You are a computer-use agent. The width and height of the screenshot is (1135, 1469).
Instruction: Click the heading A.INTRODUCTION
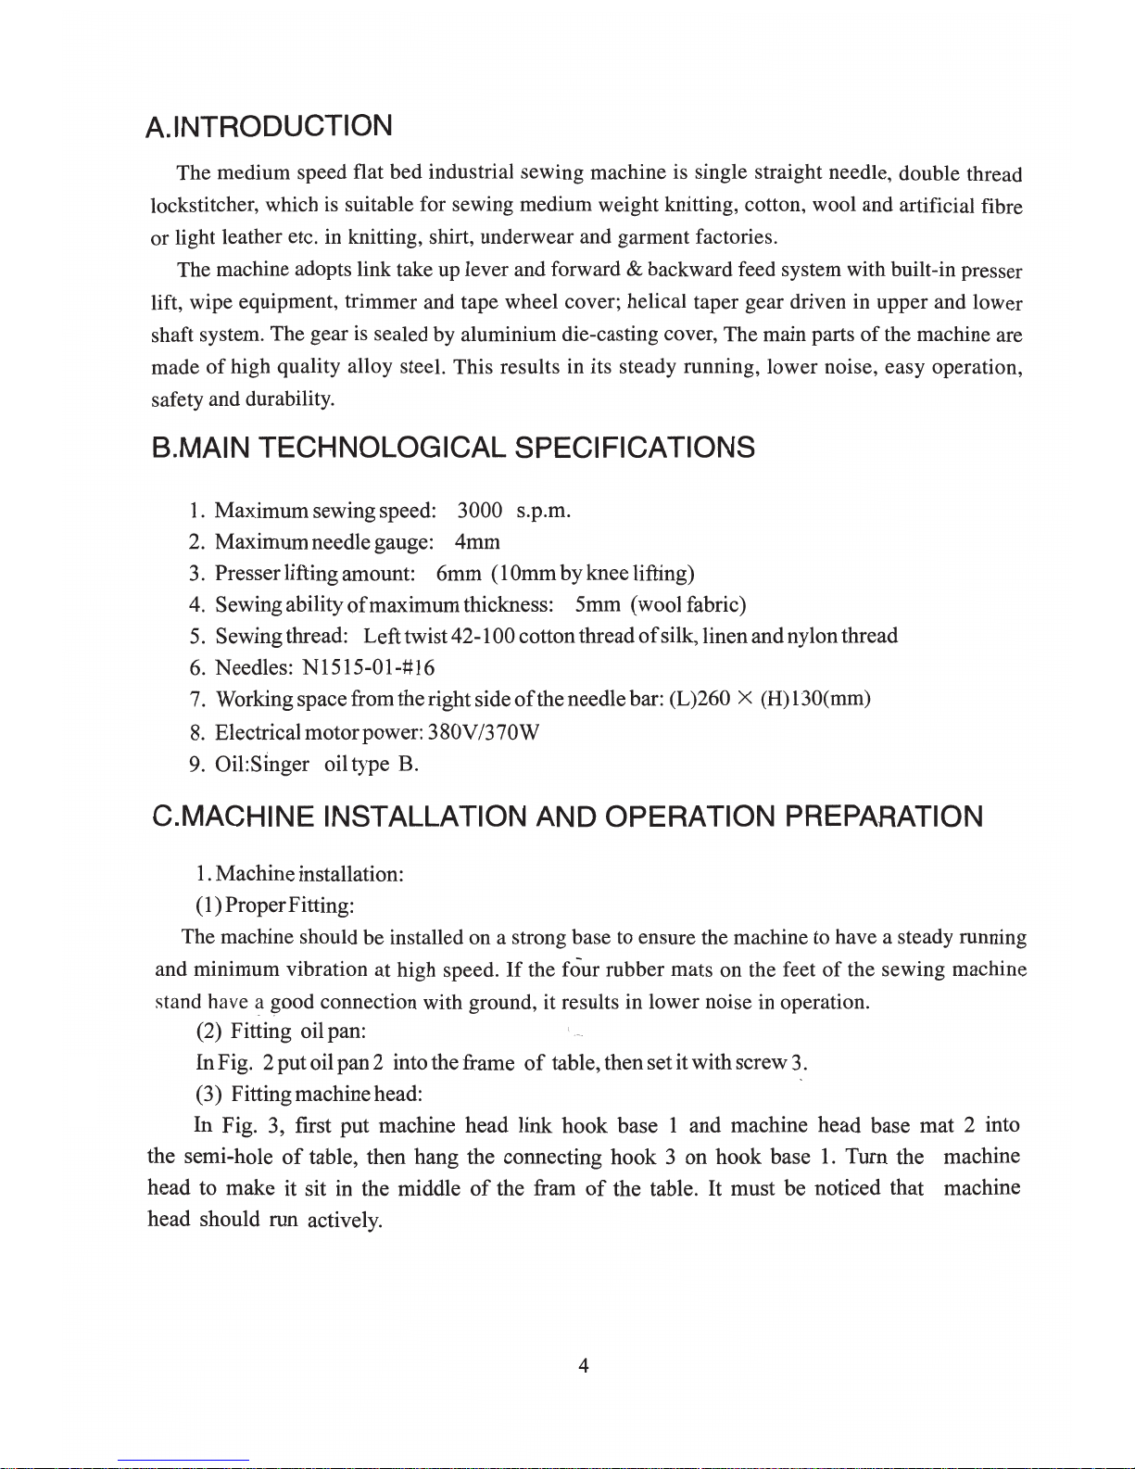click(270, 126)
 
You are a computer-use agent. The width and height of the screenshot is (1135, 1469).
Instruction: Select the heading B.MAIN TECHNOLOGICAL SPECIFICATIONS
click(453, 449)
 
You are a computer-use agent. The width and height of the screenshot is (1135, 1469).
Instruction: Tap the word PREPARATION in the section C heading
click(884, 817)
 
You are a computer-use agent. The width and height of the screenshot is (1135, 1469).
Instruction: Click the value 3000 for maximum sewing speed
click(480, 511)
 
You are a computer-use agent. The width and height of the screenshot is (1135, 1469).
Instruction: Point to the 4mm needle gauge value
click(477, 542)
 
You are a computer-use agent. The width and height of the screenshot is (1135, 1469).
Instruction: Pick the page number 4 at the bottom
click(583, 1365)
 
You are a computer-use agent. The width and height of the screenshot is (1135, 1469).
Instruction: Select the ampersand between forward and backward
click(635, 270)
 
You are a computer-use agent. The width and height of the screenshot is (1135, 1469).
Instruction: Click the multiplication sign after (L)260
click(745, 699)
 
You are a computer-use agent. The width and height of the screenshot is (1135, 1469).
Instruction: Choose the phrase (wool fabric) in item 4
click(688, 605)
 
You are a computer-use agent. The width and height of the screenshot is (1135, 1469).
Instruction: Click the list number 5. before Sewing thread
click(196, 637)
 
